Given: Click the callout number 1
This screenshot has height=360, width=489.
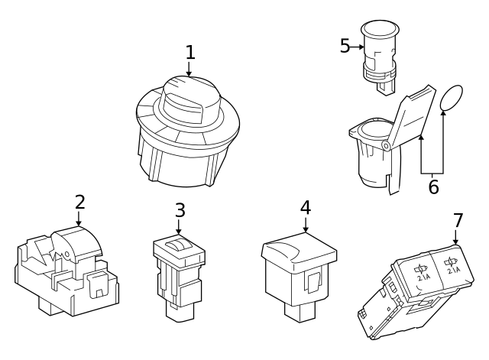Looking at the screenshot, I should pos(190,53).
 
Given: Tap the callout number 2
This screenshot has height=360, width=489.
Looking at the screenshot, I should pos(79,203).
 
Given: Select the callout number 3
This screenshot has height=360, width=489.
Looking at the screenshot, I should pos(180,209).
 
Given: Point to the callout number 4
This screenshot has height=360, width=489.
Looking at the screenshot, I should pos(306,207).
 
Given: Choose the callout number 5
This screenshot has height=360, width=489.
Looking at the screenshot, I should pos(345,47).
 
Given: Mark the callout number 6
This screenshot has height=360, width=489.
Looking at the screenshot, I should pos(433,186).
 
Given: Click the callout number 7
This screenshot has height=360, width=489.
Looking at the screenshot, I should pos(458,220).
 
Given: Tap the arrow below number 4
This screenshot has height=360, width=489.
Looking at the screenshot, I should pos(306,225).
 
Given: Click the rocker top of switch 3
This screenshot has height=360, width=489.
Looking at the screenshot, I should pos(180,244).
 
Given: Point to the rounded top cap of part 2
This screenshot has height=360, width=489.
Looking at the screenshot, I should pos(79,242).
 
